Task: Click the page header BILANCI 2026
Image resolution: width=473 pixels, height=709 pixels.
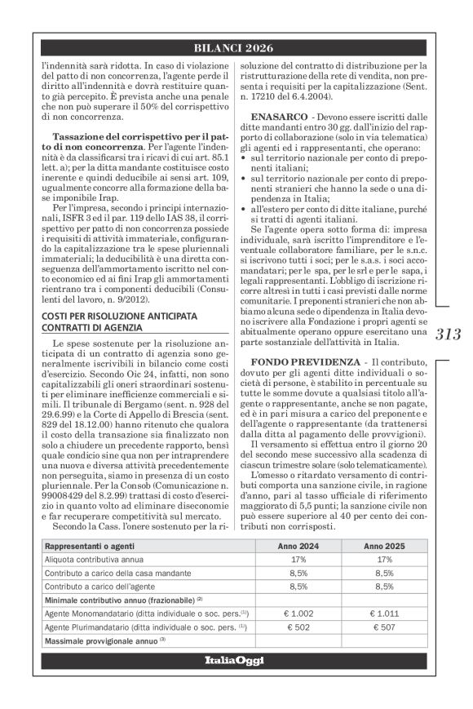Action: (236, 49)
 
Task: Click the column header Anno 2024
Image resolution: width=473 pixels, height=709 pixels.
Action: (298, 546)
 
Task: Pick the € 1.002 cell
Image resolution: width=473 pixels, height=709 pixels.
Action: (298, 612)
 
